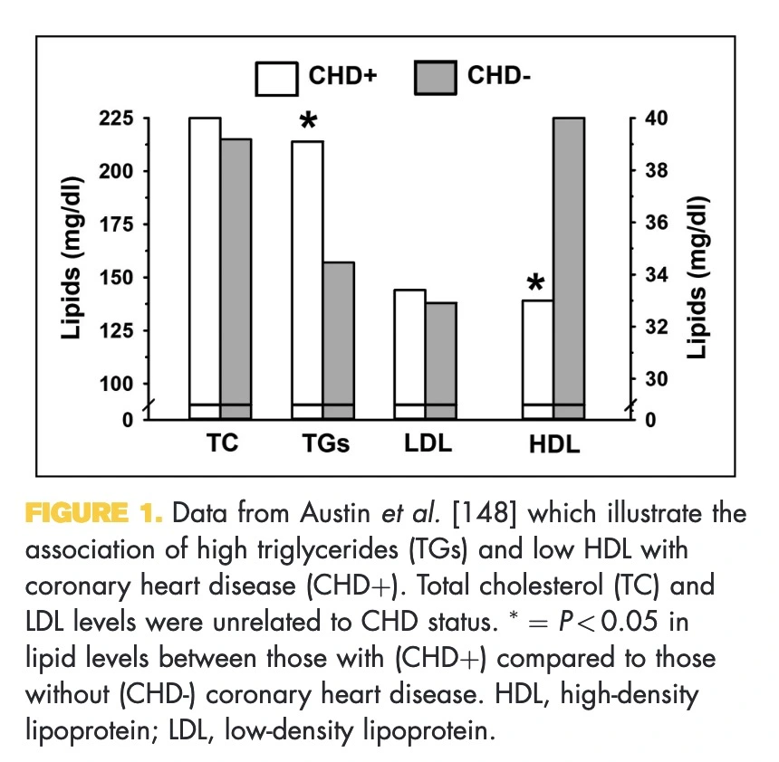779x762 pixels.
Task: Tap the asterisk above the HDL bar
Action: tap(536, 284)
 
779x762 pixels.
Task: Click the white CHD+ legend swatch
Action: tap(275, 78)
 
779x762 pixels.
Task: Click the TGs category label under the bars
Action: tap(325, 444)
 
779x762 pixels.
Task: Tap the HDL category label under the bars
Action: tap(554, 444)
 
